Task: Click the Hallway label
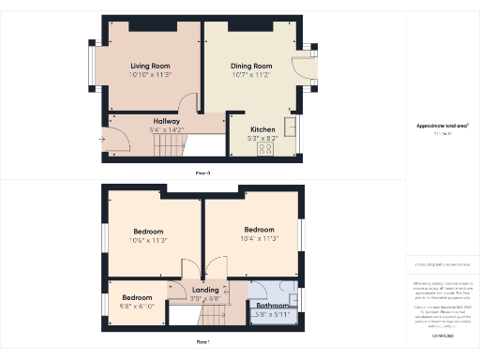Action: click(x=168, y=120)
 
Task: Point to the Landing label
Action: click(x=204, y=290)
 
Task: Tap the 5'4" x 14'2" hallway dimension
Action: click(x=168, y=129)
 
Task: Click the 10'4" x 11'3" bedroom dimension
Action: click(x=259, y=239)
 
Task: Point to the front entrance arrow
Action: click(x=101, y=141)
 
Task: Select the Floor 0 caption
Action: click(x=203, y=172)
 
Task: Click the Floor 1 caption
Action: click(x=203, y=342)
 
